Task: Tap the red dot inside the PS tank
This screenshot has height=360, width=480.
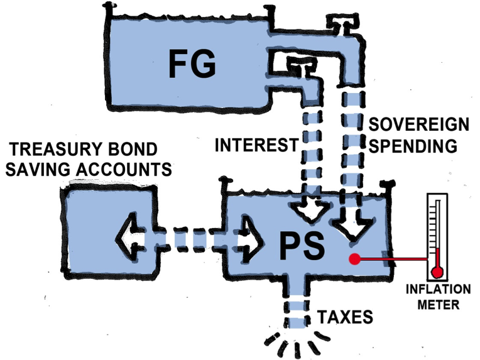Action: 355,258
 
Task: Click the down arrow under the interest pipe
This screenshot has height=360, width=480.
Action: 310,212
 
